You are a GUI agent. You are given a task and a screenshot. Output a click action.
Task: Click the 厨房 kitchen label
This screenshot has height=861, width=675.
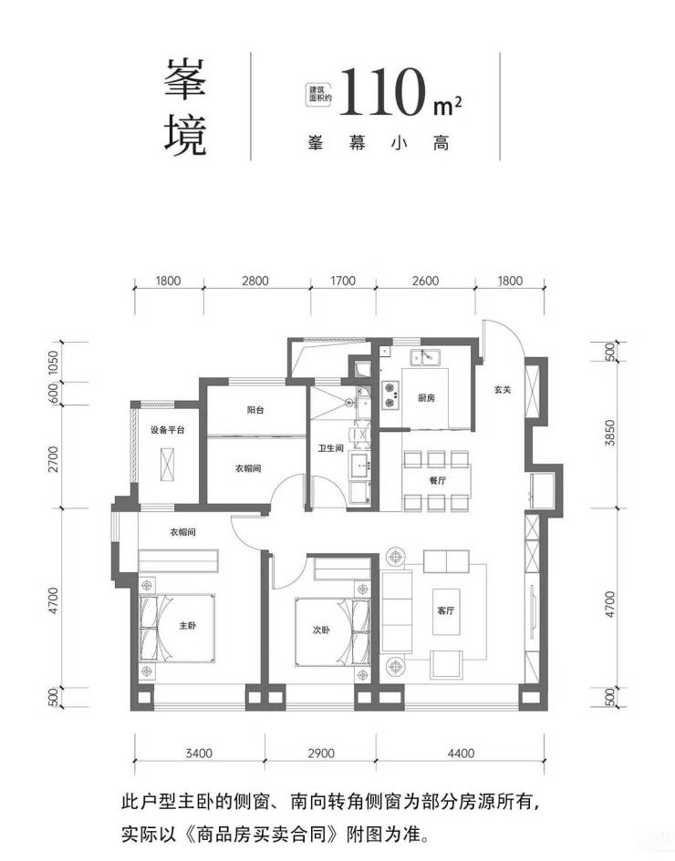[426, 397]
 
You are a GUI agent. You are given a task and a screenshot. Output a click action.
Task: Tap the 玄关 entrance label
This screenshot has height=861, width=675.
[503, 389]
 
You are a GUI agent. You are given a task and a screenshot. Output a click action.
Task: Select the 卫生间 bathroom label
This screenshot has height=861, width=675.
[331, 448]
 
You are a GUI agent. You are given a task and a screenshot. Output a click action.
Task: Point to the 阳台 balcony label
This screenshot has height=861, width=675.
[255, 410]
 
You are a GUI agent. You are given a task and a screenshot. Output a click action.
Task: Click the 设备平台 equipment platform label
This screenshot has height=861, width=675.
[168, 430]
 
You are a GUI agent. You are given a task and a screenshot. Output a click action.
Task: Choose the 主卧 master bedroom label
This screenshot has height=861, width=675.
[187, 625]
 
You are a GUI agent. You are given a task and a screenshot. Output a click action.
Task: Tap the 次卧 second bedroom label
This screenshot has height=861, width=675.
[321, 630]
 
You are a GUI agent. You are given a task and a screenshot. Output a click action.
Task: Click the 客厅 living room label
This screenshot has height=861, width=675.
[446, 610]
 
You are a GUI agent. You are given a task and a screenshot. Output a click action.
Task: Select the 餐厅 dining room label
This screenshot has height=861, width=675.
[438, 480]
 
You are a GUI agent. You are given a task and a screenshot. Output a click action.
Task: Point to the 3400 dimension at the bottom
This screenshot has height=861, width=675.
[199, 753]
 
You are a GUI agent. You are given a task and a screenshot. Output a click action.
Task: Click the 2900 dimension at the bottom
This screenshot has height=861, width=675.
[321, 753]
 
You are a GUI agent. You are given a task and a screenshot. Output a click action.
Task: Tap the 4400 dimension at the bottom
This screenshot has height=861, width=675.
[461, 753]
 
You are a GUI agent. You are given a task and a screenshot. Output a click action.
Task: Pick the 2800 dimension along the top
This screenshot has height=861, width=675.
[255, 281]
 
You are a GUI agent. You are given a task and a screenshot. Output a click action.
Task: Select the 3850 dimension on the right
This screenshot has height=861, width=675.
[609, 433]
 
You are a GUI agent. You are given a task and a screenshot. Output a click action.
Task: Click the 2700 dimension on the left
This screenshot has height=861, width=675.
[53, 459]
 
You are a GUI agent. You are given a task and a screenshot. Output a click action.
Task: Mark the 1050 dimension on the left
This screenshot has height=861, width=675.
[53, 363]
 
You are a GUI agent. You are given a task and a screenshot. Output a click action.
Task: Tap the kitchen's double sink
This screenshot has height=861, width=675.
[425, 357]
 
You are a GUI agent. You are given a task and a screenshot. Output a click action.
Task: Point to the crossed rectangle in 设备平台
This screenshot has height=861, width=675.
[168, 465]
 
